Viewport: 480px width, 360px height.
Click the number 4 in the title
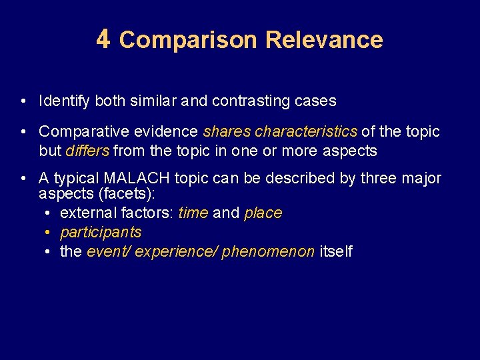coord(103,39)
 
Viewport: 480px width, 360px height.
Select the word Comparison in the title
coord(187,40)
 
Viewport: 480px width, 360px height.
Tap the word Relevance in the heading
coord(324,40)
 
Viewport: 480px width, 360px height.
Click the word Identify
coord(65,101)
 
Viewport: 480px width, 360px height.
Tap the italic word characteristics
coord(306,131)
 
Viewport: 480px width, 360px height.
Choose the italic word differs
coord(87,151)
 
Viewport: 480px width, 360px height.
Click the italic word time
coord(193,213)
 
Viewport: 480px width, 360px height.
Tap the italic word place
coord(263,213)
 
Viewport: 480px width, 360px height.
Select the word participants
coord(101,232)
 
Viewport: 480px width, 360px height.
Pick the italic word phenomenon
coord(268,251)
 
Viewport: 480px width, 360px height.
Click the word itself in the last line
coord(336,251)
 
